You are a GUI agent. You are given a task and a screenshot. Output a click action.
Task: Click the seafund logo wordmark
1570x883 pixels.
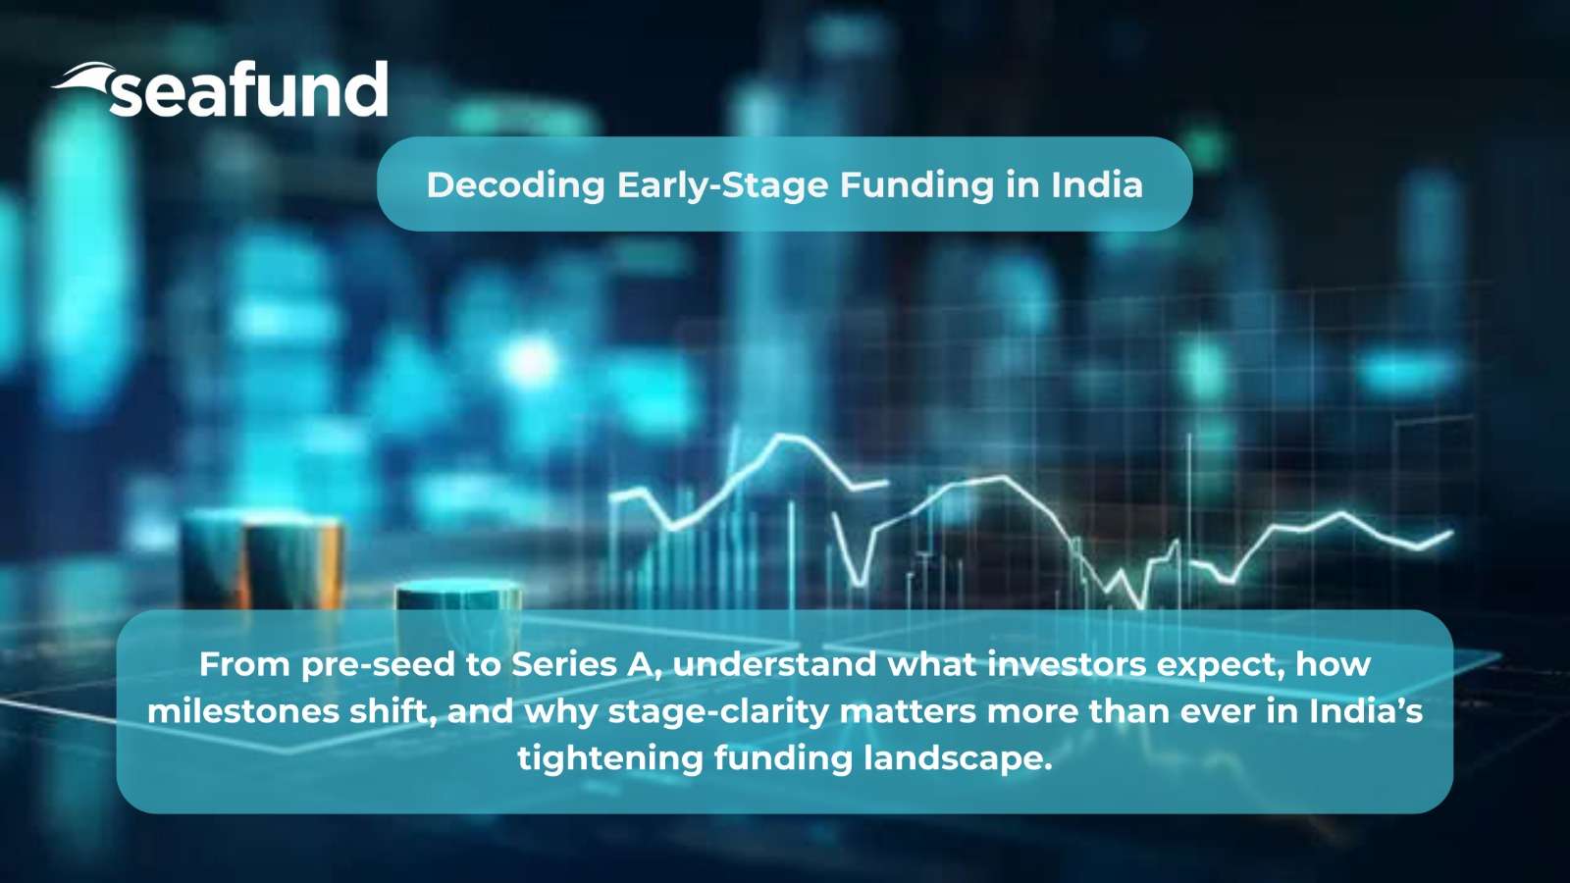pyautogui.click(x=249, y=89)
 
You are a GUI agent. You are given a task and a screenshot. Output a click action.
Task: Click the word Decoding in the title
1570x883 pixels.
pyautogui.click(x=515, y=185)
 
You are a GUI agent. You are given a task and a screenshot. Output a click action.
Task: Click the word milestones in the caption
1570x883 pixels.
pyautogui.click(x=239, y=712)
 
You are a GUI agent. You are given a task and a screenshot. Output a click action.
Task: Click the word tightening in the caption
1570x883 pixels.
pyautogui.click(x=609, y=759)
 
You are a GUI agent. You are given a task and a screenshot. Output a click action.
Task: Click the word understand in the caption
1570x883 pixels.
pyautogui.click(x=774, y=664)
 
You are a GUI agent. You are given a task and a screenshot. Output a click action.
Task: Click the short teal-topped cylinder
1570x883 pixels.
pyautogui.click(x=458, y=596)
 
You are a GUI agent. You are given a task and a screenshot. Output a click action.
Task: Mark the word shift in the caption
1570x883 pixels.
pyautogui.click(x=393, y=712)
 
